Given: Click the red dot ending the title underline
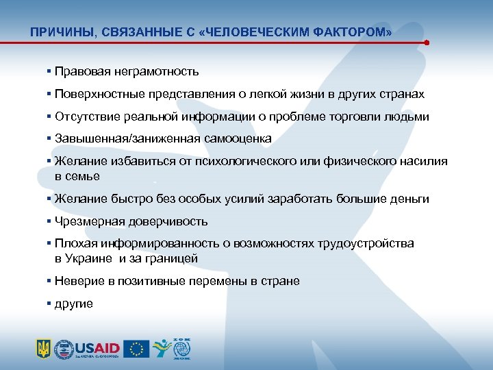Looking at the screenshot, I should click(427, 42).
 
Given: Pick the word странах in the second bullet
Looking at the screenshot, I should click(400, 94).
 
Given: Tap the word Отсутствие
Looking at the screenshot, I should click(86, 116).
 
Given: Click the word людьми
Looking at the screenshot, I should click(408, 116).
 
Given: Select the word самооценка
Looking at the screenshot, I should click(237, 138).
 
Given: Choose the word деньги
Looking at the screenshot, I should click(409, 199).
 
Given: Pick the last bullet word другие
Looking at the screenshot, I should click(74, 304).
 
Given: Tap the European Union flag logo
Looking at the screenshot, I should click(136, 348).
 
